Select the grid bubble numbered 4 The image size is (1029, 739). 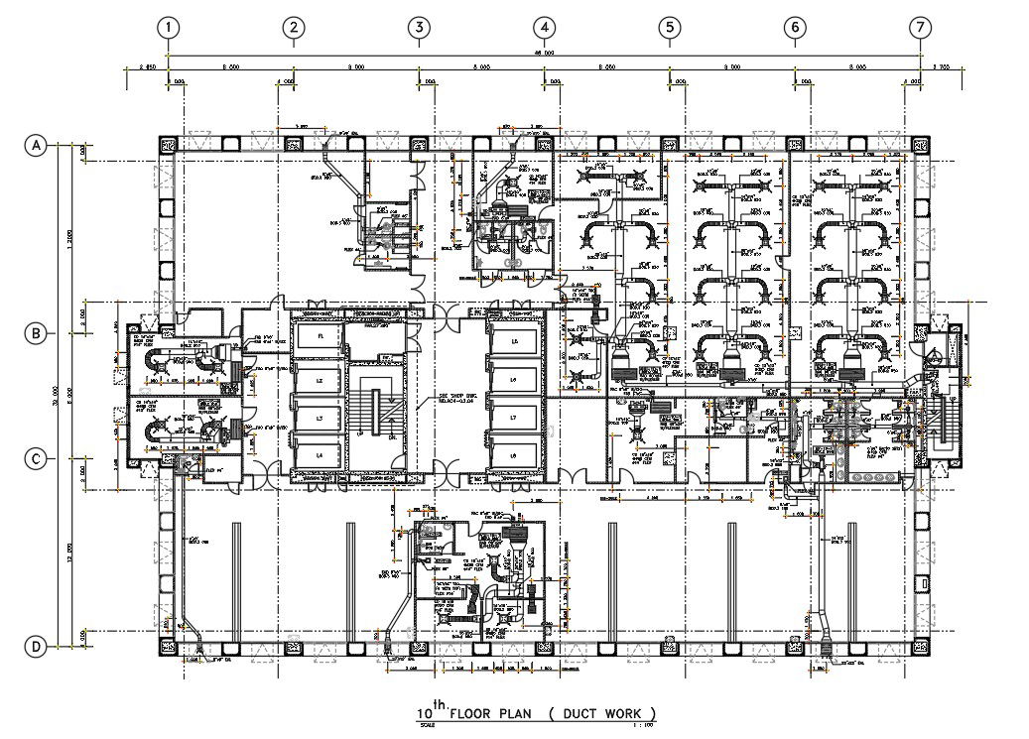pyautogui.click(x=543, y=28)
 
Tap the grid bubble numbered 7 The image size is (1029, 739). pyautogui.click(x=922, y=28)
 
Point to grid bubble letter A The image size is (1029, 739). pyautogui.click(x=36, y=146)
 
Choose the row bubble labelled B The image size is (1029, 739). pyautogui.click(x=36, y=333)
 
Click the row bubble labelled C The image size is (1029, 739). pyautogui.click(x=36, y=459)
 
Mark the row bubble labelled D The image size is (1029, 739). pyautogui.click(x=36, y=648)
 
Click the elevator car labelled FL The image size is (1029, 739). pyautogui.click(x=320, y=337)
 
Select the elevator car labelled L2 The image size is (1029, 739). pyautogui.click(x=320, y=379)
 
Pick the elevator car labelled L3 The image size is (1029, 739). pyautogui.click(x=320, y=420)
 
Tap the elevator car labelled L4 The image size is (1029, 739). pyautogui.click(x=320, y=454)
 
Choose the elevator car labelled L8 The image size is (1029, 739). pyautogui.click(x=513, y=454)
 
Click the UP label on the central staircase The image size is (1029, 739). pyautogui.click(x=357, y=434)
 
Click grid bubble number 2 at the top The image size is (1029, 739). pyautogui.click(x=293, y=28)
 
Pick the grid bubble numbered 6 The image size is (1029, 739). pyautogui.click(x=795, y=28)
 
